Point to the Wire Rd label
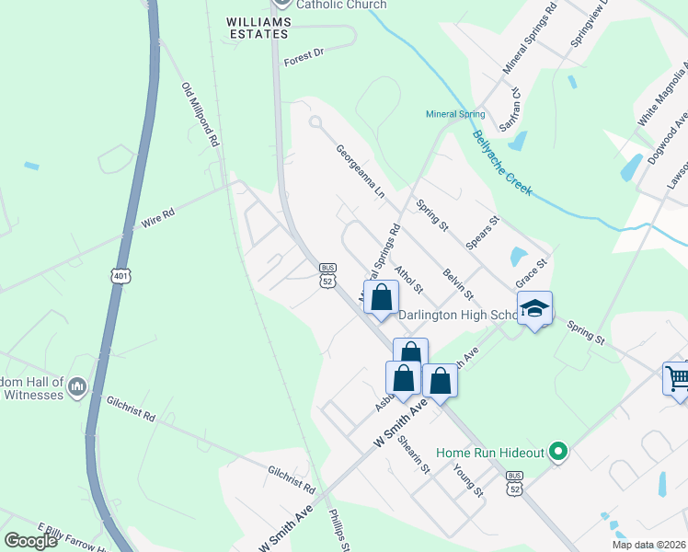pos(158,219)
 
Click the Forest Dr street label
pos(304,54)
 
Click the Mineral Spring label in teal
pos(454,114)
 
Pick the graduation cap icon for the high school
pos(533,309)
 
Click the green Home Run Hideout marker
pos(556,452)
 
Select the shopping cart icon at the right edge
pos(677,378)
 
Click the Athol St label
pos(407,280)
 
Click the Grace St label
pos(532,272)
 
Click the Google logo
pos(30,540)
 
